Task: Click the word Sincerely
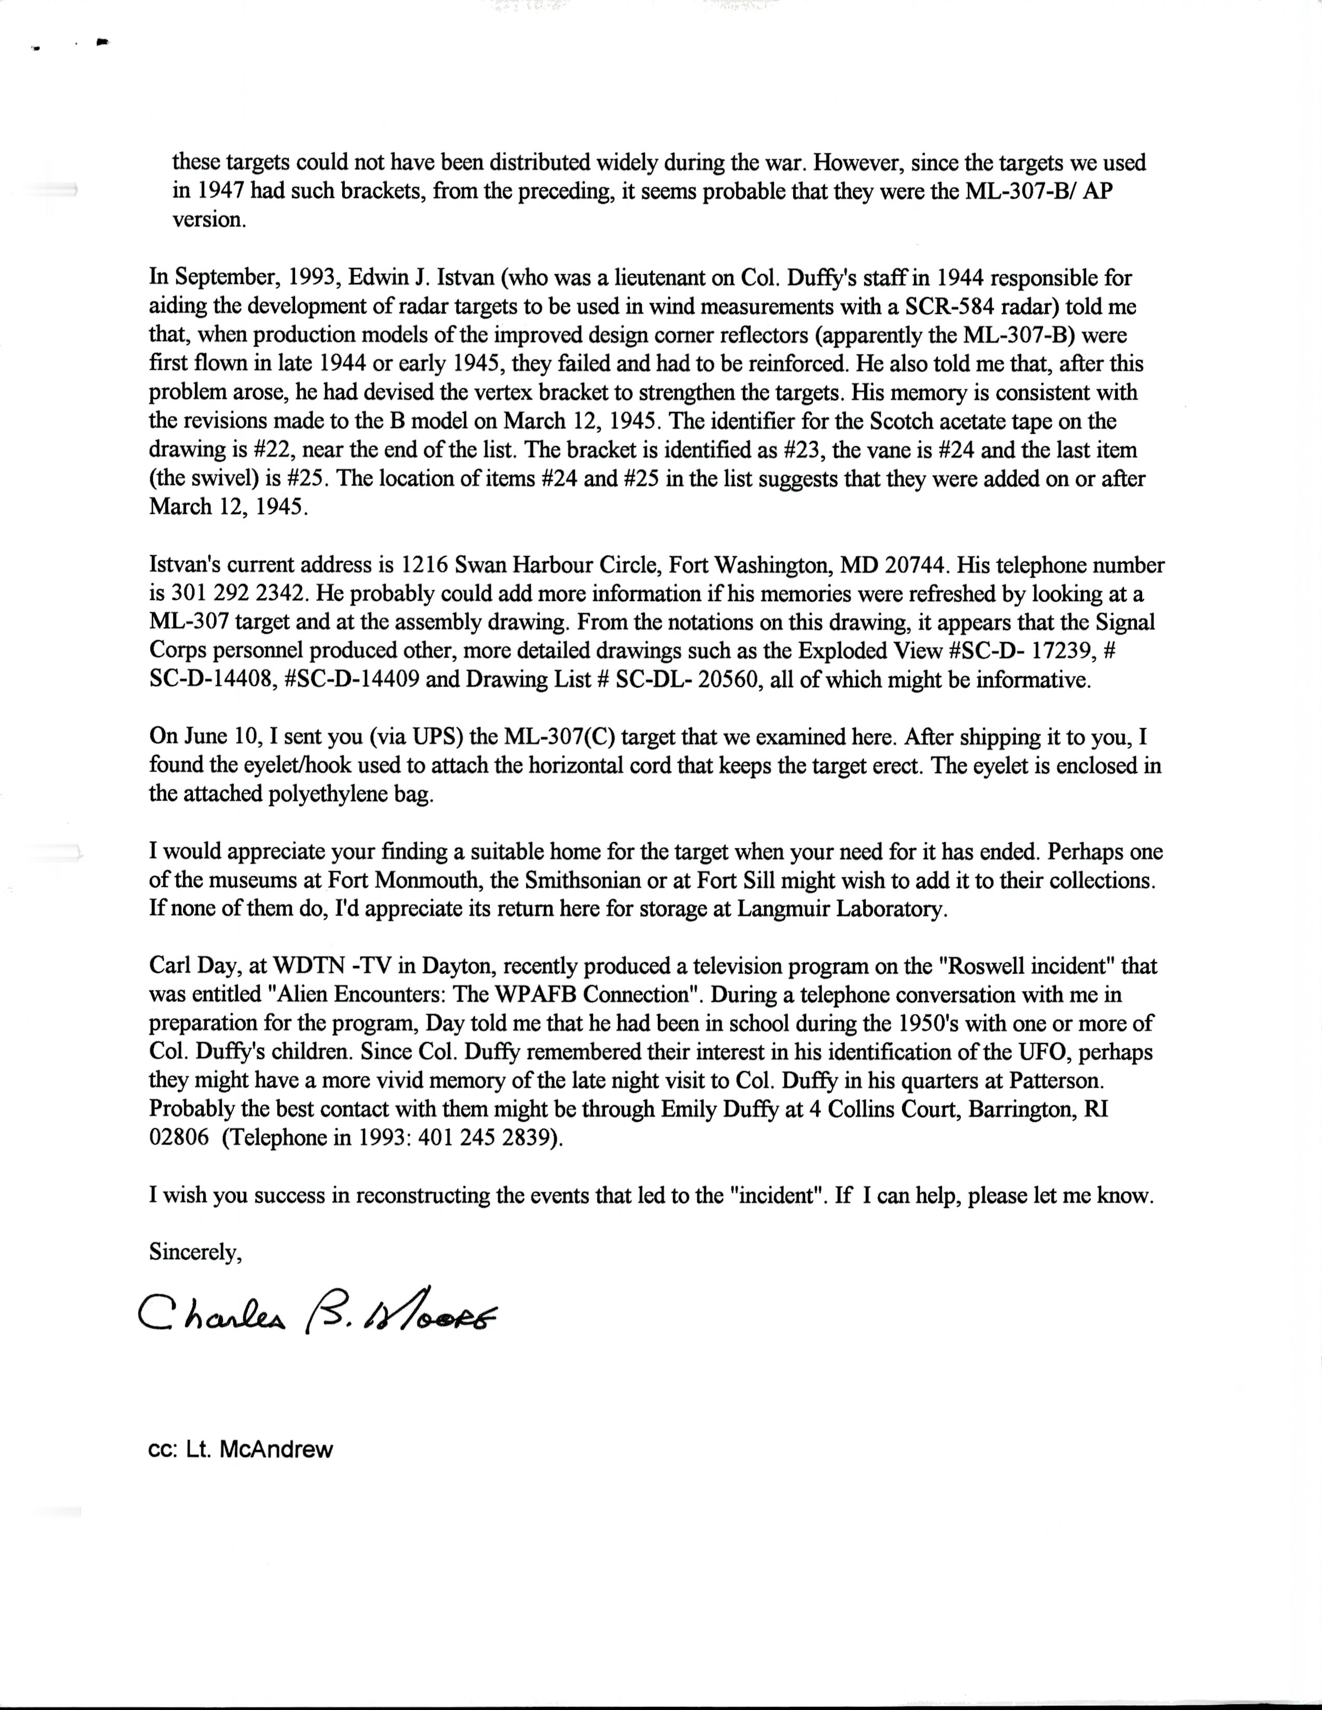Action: [x=195, y=1253]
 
